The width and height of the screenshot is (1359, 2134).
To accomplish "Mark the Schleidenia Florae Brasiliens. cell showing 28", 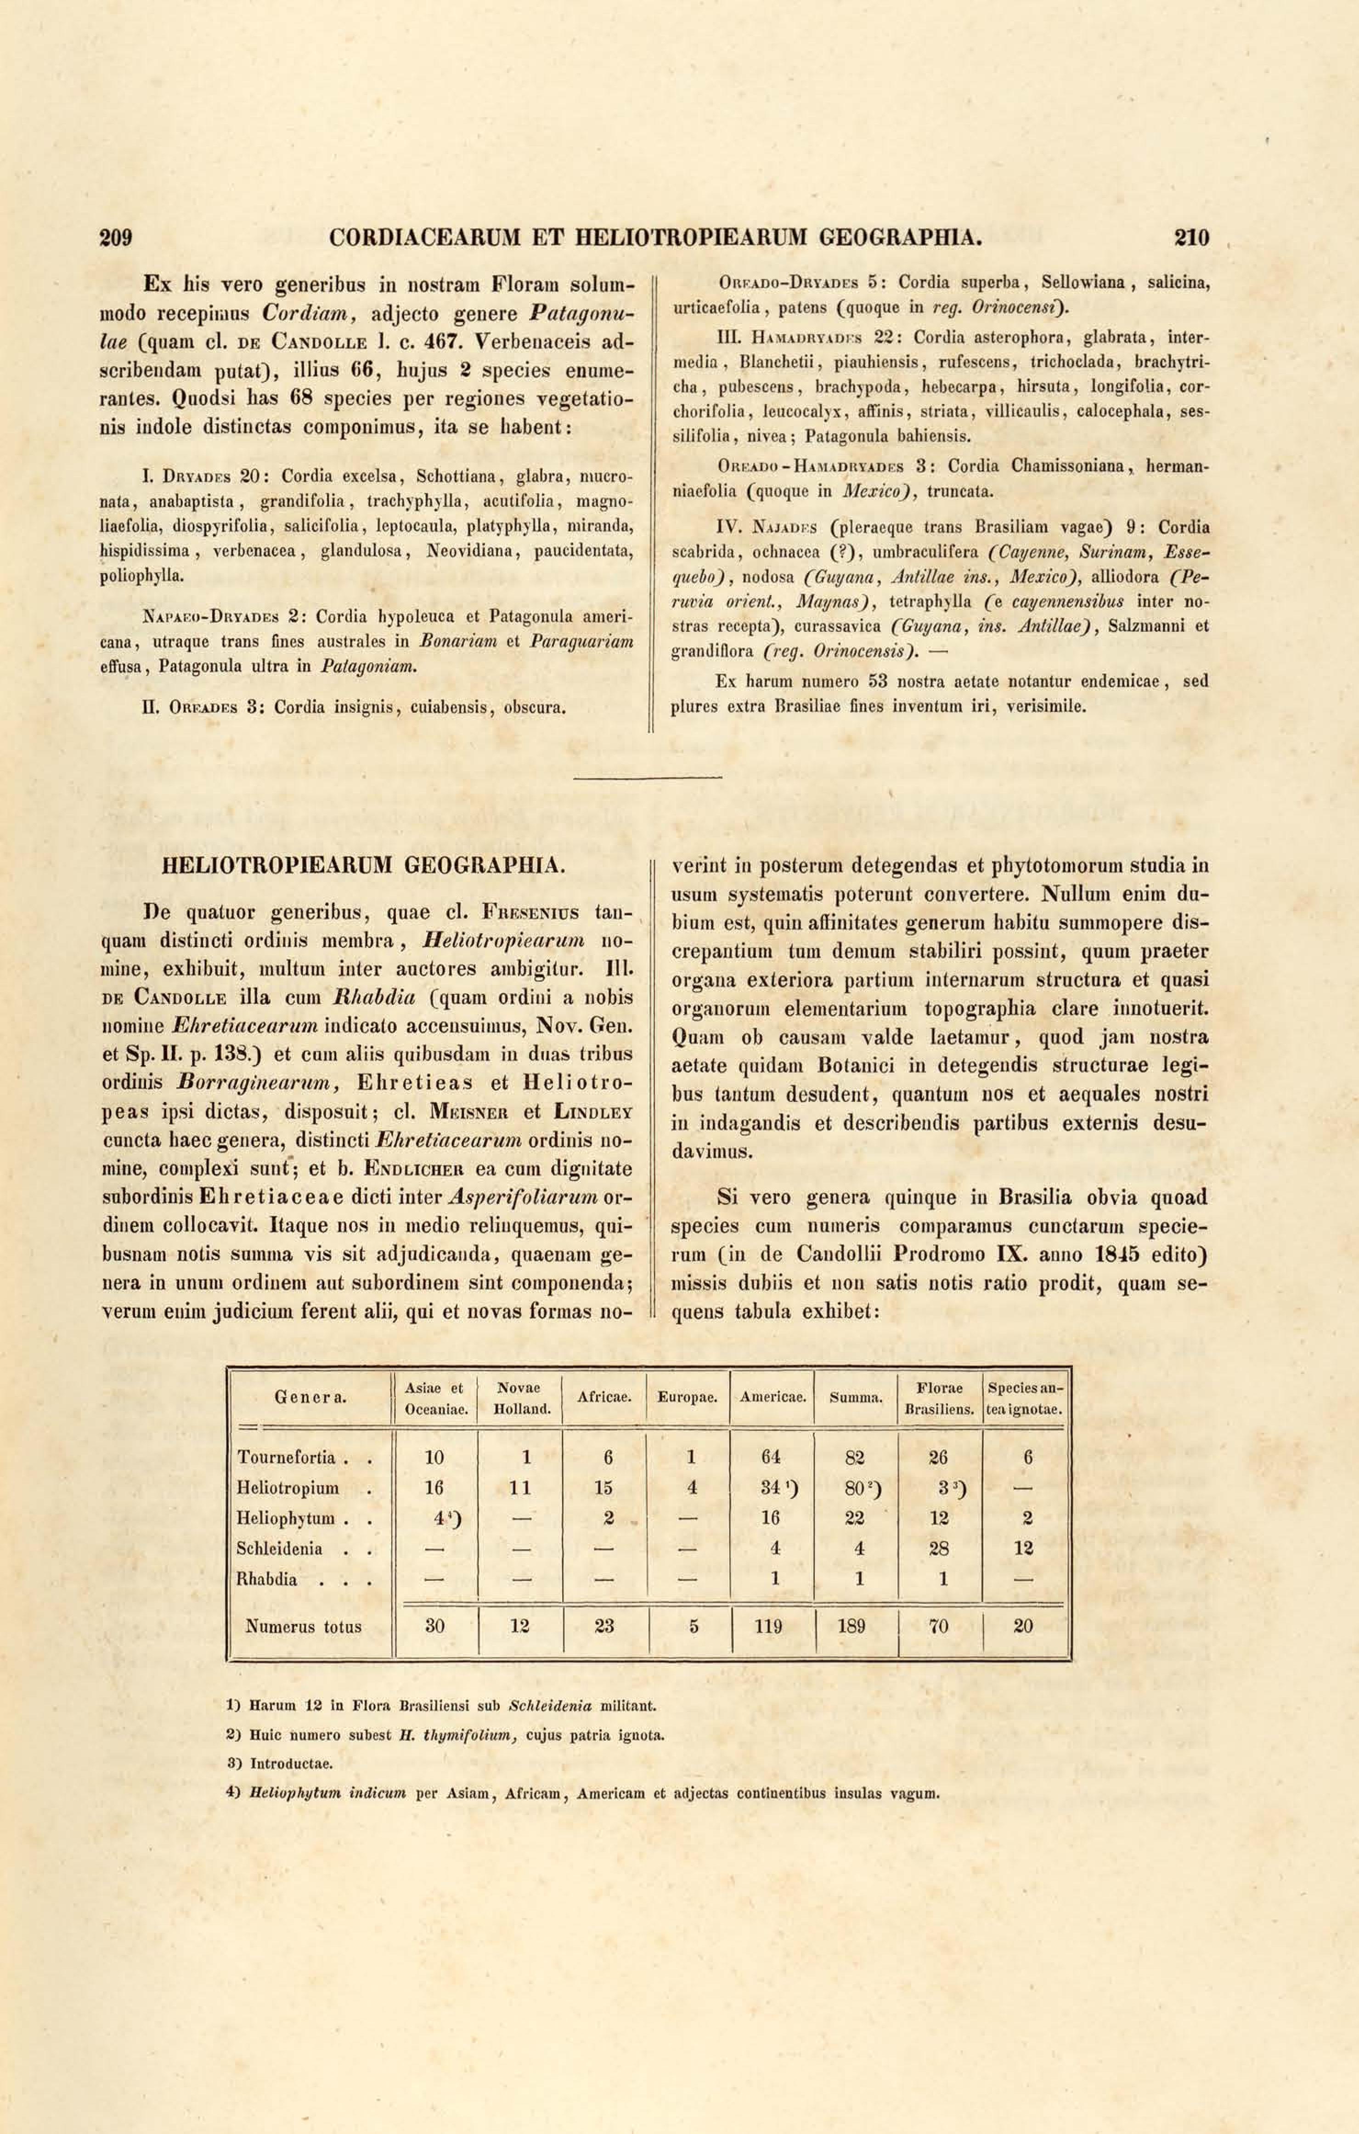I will click(939, 1548).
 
